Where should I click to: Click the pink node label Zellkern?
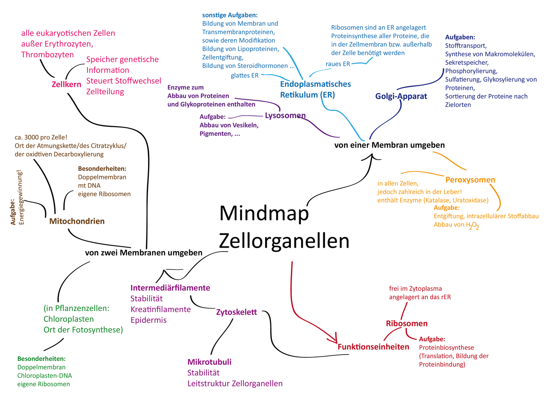(66, 84)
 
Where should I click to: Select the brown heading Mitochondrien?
(77, 221)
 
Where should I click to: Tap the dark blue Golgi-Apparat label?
(401, 96)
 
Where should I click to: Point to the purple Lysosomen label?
(285, 116)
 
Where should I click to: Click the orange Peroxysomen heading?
(470, 180)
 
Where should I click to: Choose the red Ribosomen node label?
(407, 324)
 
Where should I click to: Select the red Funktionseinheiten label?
(373, 347)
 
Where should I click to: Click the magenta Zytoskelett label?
(236, 312)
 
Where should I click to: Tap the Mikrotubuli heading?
(209, 362)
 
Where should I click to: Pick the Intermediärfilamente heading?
(170, 288)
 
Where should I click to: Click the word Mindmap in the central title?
(264, 213)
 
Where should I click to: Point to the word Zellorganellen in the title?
(284, 241)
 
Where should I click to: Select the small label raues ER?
(338, 64)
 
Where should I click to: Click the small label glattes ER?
(245, 76)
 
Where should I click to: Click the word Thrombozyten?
(47, 55)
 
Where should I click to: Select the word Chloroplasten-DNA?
(45, 376)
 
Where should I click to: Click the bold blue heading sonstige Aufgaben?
(230, 15)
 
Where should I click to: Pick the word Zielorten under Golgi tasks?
(458, 105)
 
